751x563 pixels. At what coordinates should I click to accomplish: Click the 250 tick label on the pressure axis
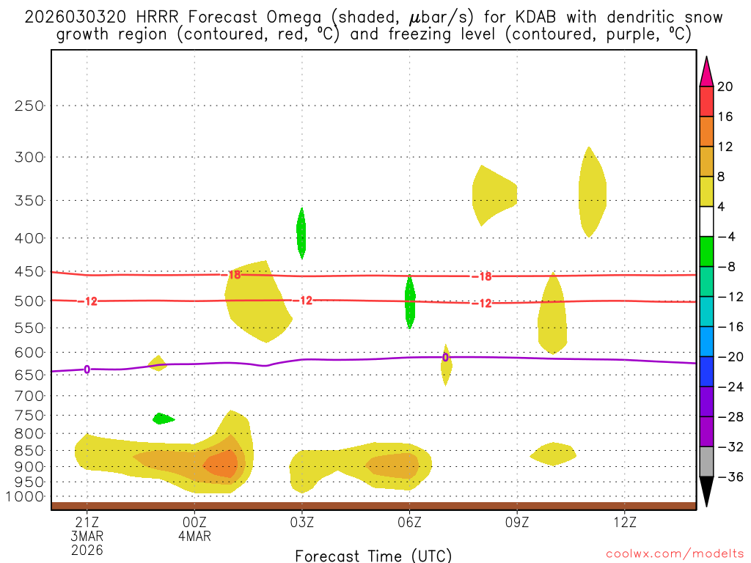click(x=29, y=106)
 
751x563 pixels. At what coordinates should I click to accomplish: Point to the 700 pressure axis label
click(x=29, y=396)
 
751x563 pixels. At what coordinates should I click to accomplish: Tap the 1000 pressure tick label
click(x=26, y=497)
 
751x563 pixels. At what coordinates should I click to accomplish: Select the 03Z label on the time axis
click(x=302, y=523)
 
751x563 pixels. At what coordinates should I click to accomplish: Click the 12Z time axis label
click(x=624, y=523)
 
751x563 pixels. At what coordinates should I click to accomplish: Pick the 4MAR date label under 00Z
click(x=194, y=536)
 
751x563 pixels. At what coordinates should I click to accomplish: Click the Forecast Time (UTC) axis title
click(x=373, y=555)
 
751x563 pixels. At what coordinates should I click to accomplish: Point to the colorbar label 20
click(x=725, y=87)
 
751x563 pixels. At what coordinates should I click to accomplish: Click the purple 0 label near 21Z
click(x=87, y=369)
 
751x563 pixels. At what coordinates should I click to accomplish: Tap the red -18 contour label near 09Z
click(x=481, y=276)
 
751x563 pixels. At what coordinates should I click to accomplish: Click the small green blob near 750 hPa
click(x=163, y=419)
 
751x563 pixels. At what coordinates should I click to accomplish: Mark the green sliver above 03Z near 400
click(x=301, y=232)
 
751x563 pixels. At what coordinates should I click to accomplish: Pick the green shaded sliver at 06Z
click(x=410, y=301)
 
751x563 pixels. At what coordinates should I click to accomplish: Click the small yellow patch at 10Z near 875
click(x=553, y=454)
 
